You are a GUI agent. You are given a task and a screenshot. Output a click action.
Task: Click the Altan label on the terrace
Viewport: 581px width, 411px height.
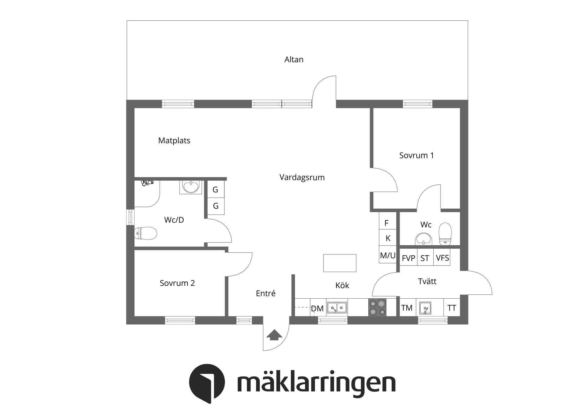294,59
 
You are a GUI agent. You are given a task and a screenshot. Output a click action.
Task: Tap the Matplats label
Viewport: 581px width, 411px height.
174,141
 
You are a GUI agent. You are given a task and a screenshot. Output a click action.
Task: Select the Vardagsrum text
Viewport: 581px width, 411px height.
302,177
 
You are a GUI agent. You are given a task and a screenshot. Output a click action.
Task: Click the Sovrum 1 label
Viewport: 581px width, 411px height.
416,155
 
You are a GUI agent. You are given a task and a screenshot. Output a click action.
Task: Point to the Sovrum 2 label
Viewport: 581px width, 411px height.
177,283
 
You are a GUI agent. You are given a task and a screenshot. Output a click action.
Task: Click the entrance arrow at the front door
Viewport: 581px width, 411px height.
274,335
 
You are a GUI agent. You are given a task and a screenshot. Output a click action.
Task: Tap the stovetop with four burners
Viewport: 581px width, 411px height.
377,307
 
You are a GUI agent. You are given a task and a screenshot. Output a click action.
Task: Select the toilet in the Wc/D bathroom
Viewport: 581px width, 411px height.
146,234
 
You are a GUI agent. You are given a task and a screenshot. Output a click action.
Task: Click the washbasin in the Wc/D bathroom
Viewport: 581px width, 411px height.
191,187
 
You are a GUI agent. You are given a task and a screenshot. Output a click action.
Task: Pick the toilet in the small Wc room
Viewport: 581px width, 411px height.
445,234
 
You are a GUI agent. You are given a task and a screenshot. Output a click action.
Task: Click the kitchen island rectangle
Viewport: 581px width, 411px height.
340,263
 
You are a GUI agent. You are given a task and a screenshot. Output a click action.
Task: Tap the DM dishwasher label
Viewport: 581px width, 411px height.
317,308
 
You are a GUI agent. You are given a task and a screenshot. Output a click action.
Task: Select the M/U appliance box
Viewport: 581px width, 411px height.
388,255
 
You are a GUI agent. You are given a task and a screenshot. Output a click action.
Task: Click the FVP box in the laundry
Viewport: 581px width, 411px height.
408,258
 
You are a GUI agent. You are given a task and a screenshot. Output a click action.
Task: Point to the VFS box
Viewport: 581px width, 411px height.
442,258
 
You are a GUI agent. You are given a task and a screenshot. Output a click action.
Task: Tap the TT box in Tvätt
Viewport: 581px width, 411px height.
451,308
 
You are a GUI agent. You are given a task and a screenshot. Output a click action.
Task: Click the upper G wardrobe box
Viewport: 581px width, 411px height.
215,189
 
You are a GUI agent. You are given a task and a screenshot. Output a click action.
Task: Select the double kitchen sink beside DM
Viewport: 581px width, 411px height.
337,308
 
